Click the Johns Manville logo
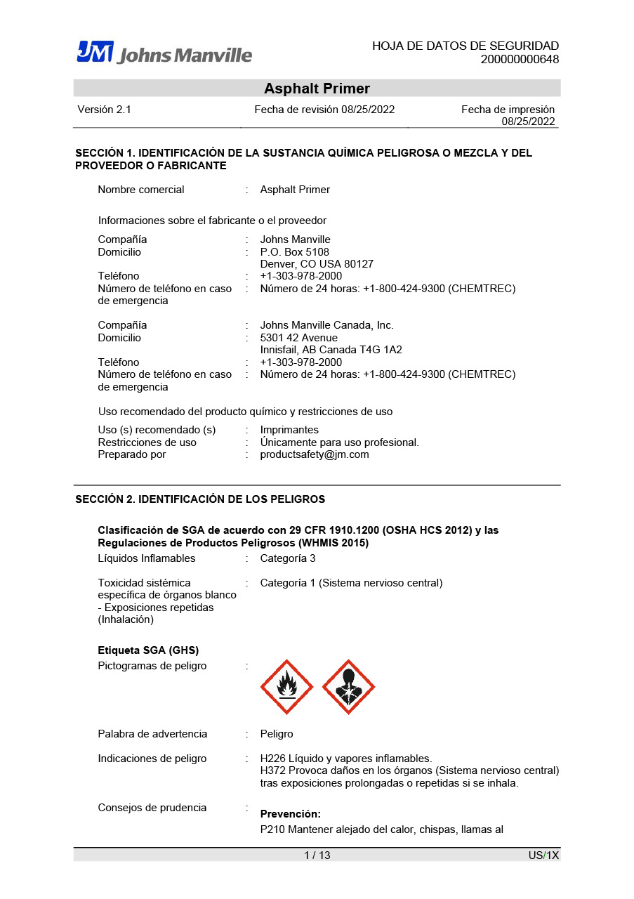click(x=164, y=53)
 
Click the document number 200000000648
click(x=520, y=60)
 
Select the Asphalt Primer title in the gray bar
click(x=317, y=88)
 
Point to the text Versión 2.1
click(x=104, y=110)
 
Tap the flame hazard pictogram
click(x=286, y=687)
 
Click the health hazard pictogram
click(x=348, y=687)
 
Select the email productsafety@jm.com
click(x=314, y=454)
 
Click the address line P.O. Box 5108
click(x=294, y=252)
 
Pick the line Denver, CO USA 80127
click(x=317, y=264)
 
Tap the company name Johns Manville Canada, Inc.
click(x=326, y=325)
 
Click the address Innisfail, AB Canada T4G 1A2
click(x=331, y=350)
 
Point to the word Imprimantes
click(x=289, y=430)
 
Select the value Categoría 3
click(x=288, y=558)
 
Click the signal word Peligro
click(x=277, y=734)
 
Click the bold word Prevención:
click(x=290, y=814)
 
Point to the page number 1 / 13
click(x=317, y=855)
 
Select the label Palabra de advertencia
click(x=152, y=734)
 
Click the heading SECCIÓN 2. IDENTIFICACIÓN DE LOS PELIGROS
click(x=200, y=499)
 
